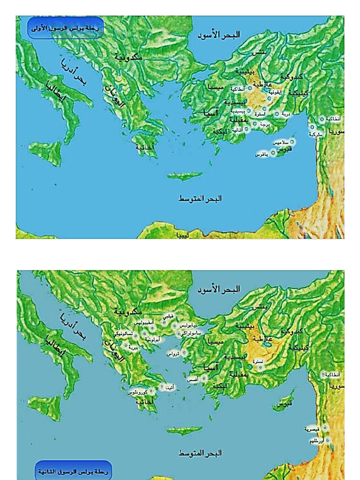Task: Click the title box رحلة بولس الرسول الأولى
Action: [x=66, y=28]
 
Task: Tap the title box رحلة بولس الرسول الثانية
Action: [x=74, y=472]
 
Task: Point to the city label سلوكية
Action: [x=315, y=134]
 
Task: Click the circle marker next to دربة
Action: [x=277, y=114]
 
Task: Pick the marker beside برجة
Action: [x=255, y=124]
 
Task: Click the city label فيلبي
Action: [x=167, y=315]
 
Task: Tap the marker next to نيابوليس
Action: [x=174, y=326]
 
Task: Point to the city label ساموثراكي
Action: [x=192, y=333]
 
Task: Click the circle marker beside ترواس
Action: [x=183, y=353]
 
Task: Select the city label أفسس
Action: [x=192, y=378]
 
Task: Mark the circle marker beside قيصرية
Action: [x=324, y=428]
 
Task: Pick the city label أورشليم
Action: [x=317, y=441]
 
